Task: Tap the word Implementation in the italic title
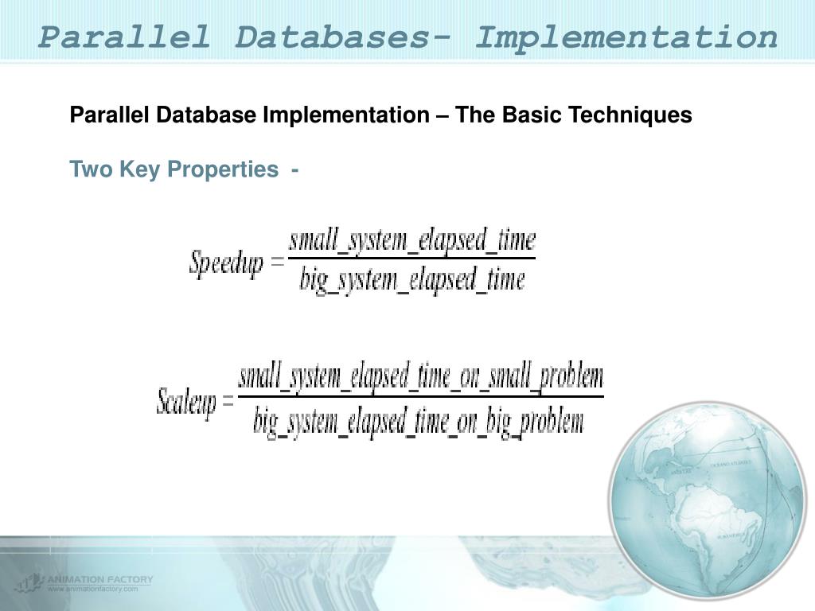tap(626, 37)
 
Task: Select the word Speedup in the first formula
tap(226, 263)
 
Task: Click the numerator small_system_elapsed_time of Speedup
tap(412, 240)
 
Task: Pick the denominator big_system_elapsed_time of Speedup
tap(412, 280)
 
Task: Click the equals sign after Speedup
tap(277, 262)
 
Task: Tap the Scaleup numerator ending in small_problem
tap(421, 377)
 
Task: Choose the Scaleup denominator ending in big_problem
tap(419, 421)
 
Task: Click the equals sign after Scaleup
tap(228, 401)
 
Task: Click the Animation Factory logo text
tap(99, 579)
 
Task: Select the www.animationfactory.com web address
tap(93, 590)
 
